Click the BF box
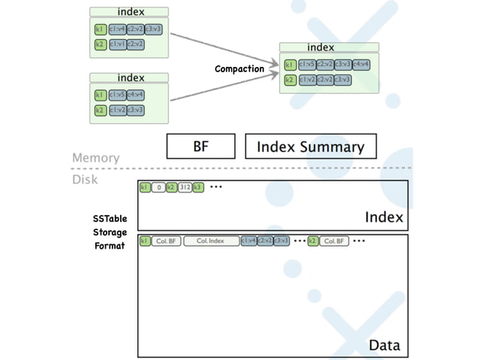click(201, 147)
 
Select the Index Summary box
click(310, 147)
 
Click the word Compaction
click(239, 69)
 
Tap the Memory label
click(95, 158)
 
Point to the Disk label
click(85, 179)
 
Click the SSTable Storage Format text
click(110, 232)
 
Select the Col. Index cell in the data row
click(210, 241)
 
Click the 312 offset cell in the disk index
click(185, 187)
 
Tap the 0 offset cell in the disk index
click(158, 187)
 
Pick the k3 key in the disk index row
click(198, 187)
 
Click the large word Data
click(384, 346)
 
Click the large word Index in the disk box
click(384, 217)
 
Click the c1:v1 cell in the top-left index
click(117, 44)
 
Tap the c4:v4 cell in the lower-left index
click(136, 95)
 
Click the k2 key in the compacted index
click(289, 80)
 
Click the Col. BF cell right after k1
click(166, 241)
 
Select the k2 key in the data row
click(313, 241)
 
